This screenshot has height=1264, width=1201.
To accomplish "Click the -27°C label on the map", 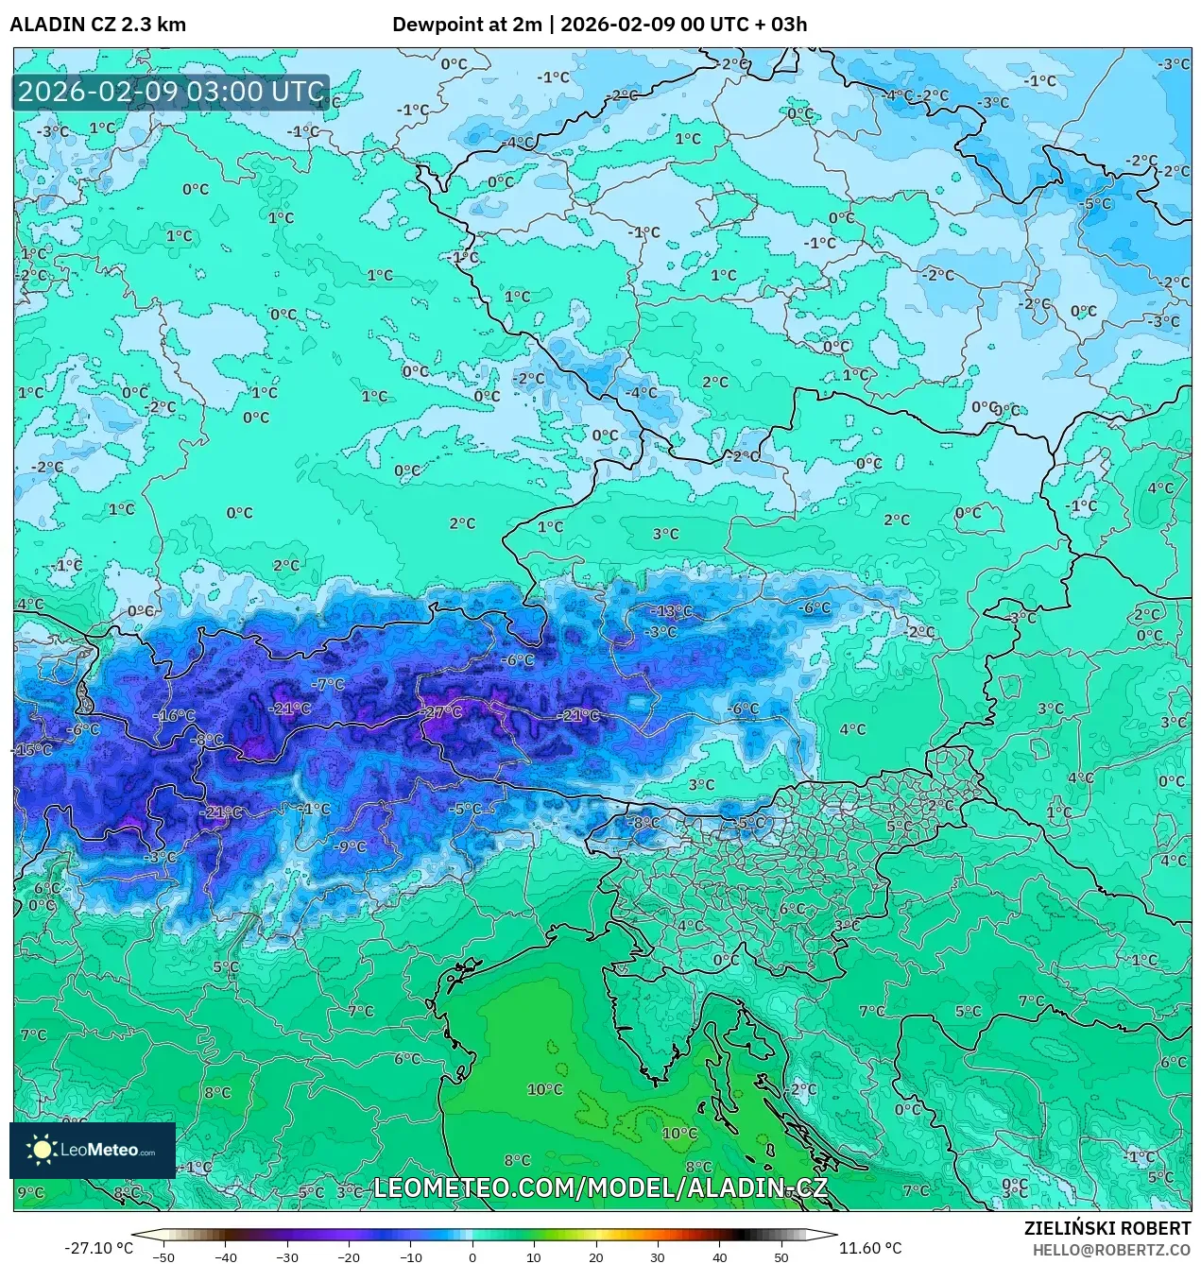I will click(x=441, y=712).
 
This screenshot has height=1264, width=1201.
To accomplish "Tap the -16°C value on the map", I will click(x=174, y=715).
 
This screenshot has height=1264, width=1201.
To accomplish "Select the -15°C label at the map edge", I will click(x=32, y=750).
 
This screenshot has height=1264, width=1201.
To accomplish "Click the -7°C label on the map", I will click(x=328, y=684).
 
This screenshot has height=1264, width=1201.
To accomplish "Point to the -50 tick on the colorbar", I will click(x=163, y=1257).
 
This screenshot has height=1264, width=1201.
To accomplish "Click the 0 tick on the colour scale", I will click(x=472, y=1257).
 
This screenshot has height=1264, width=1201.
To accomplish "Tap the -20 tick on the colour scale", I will click(x=349, y=1257).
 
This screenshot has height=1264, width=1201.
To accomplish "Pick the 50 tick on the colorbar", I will click(x=781, y=1257).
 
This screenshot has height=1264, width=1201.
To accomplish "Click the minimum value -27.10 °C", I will click(x=98, y=1248).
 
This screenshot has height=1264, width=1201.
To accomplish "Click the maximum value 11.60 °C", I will click(x=870, y=1248).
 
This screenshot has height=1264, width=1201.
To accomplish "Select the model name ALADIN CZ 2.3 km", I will click(x=98, y=25).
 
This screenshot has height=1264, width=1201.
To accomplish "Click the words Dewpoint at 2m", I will click(x=467, y=25).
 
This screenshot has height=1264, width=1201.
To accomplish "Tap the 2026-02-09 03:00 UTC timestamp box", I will click(x=171, y=93).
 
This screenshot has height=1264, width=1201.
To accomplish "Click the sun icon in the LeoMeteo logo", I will click(x=42, y=1150).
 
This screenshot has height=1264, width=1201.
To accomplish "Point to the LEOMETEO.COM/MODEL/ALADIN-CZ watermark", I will click(x=601, y=1187).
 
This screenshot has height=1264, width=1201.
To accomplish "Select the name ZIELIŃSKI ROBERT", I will click(x=1107, y=1228).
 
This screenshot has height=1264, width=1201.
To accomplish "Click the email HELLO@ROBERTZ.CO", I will click(x=1111, y=1250).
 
